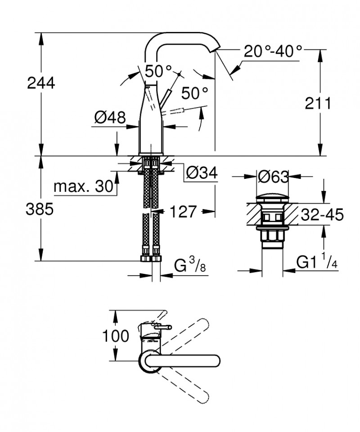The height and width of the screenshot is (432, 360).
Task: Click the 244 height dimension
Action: tap(41, 83)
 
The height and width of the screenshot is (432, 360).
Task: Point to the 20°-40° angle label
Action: tap(273, 51)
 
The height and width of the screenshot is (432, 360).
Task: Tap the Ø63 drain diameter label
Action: tap(273, 177)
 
